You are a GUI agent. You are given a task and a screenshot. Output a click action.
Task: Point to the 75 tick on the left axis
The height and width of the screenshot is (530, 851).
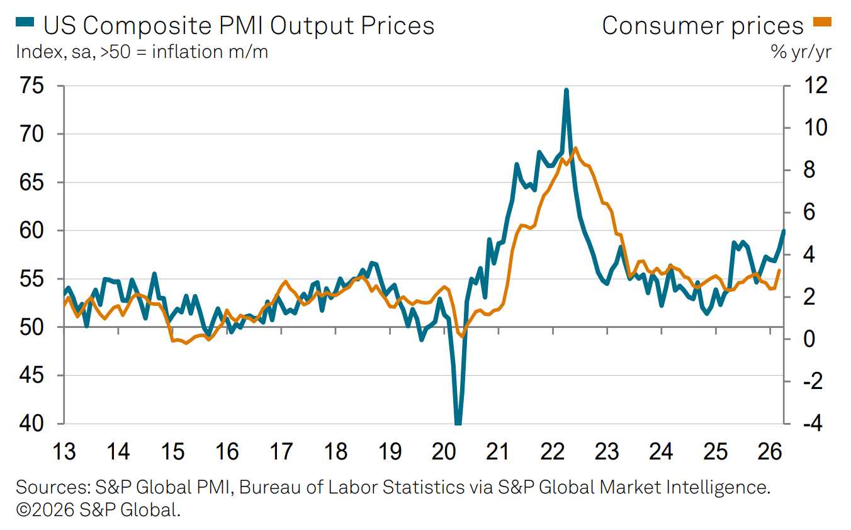point(31,86)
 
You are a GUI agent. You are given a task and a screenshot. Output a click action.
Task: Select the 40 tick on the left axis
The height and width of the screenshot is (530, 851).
point(31,424)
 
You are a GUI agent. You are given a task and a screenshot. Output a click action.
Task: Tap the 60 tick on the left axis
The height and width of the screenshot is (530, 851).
point(31,231)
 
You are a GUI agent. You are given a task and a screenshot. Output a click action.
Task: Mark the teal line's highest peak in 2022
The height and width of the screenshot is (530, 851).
point(566,90)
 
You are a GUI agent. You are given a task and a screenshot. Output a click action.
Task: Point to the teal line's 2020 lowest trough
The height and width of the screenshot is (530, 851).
point(458,422)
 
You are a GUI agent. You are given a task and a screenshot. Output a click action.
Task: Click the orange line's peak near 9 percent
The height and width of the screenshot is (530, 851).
point(576,149)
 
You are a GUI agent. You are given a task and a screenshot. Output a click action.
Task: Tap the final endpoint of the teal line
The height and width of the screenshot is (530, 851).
point(783,231)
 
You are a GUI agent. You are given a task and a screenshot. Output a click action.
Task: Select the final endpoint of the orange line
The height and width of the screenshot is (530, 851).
point(779,271)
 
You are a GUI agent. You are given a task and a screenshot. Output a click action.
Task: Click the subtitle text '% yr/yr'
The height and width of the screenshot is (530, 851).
point(801,52)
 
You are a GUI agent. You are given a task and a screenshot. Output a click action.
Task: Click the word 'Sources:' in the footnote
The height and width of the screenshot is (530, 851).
point(51,487)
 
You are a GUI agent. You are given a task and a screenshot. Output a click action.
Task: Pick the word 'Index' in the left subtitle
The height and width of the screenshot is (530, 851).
point(36,52)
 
